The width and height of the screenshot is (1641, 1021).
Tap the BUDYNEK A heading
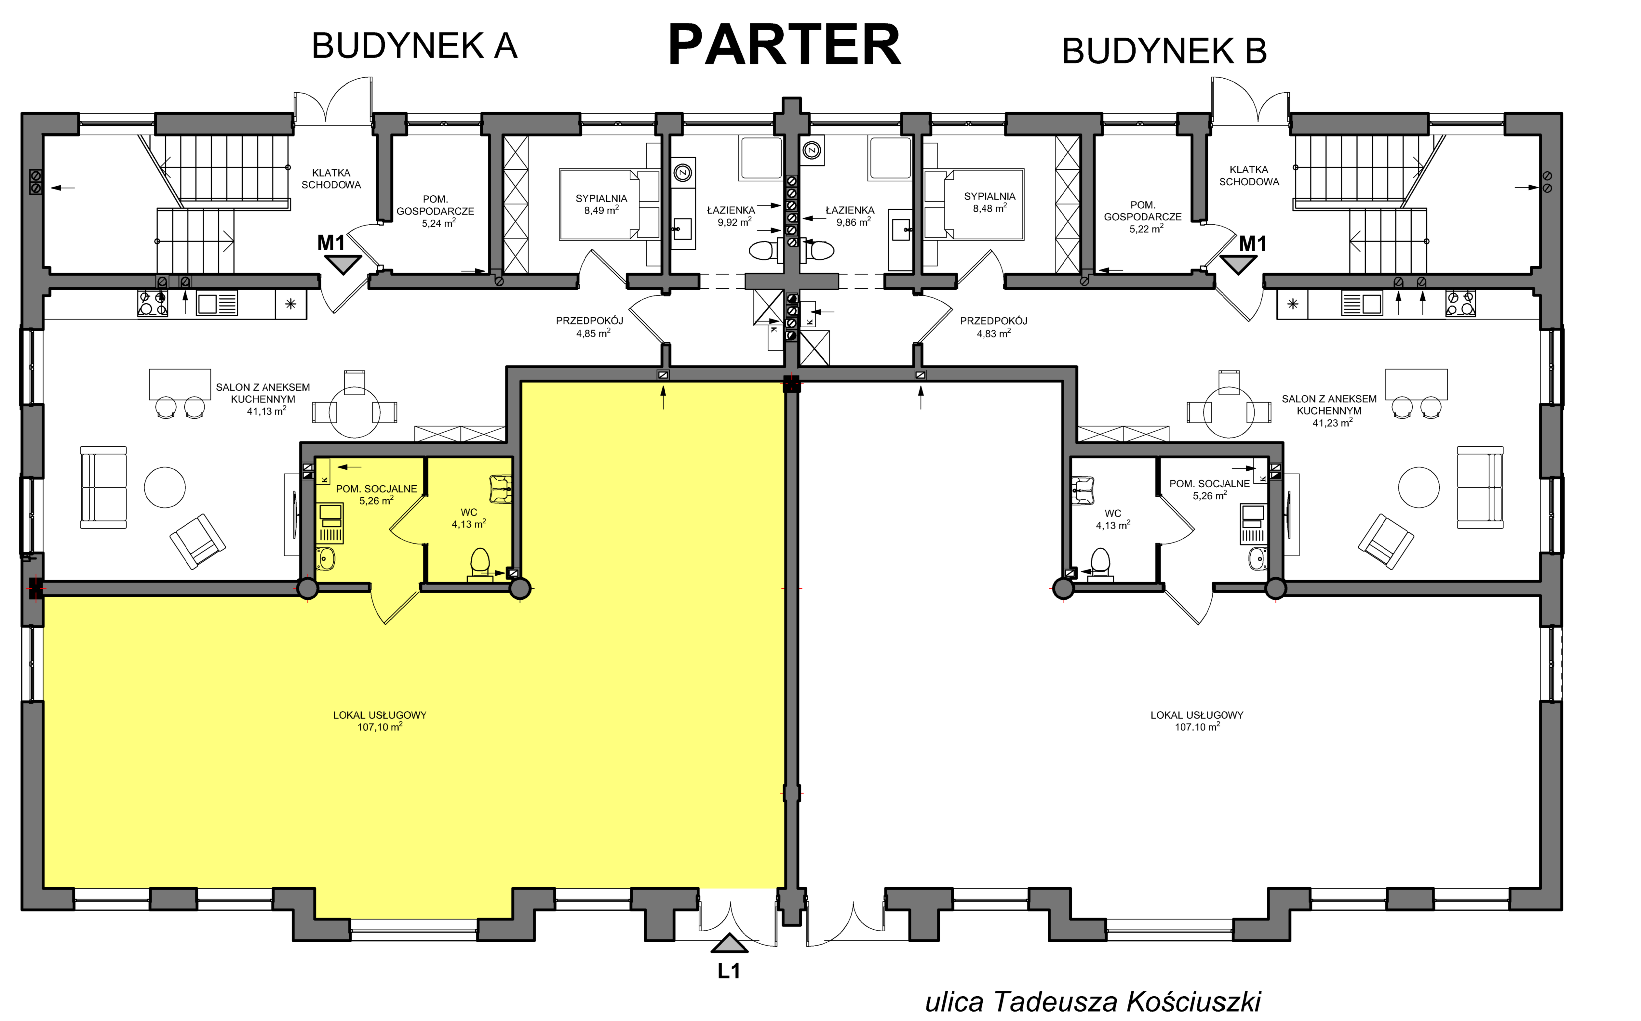[414, 46]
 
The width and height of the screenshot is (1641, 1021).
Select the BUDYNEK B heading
[1164, 51]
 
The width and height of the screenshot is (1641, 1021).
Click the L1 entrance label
[729, 971]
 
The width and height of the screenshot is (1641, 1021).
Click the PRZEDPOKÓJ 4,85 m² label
[590, 327]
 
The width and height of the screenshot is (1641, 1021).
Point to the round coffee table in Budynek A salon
[165, 487]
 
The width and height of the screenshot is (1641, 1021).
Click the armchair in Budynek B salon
[1386, 542]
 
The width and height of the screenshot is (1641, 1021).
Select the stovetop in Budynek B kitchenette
[1460, 303]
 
